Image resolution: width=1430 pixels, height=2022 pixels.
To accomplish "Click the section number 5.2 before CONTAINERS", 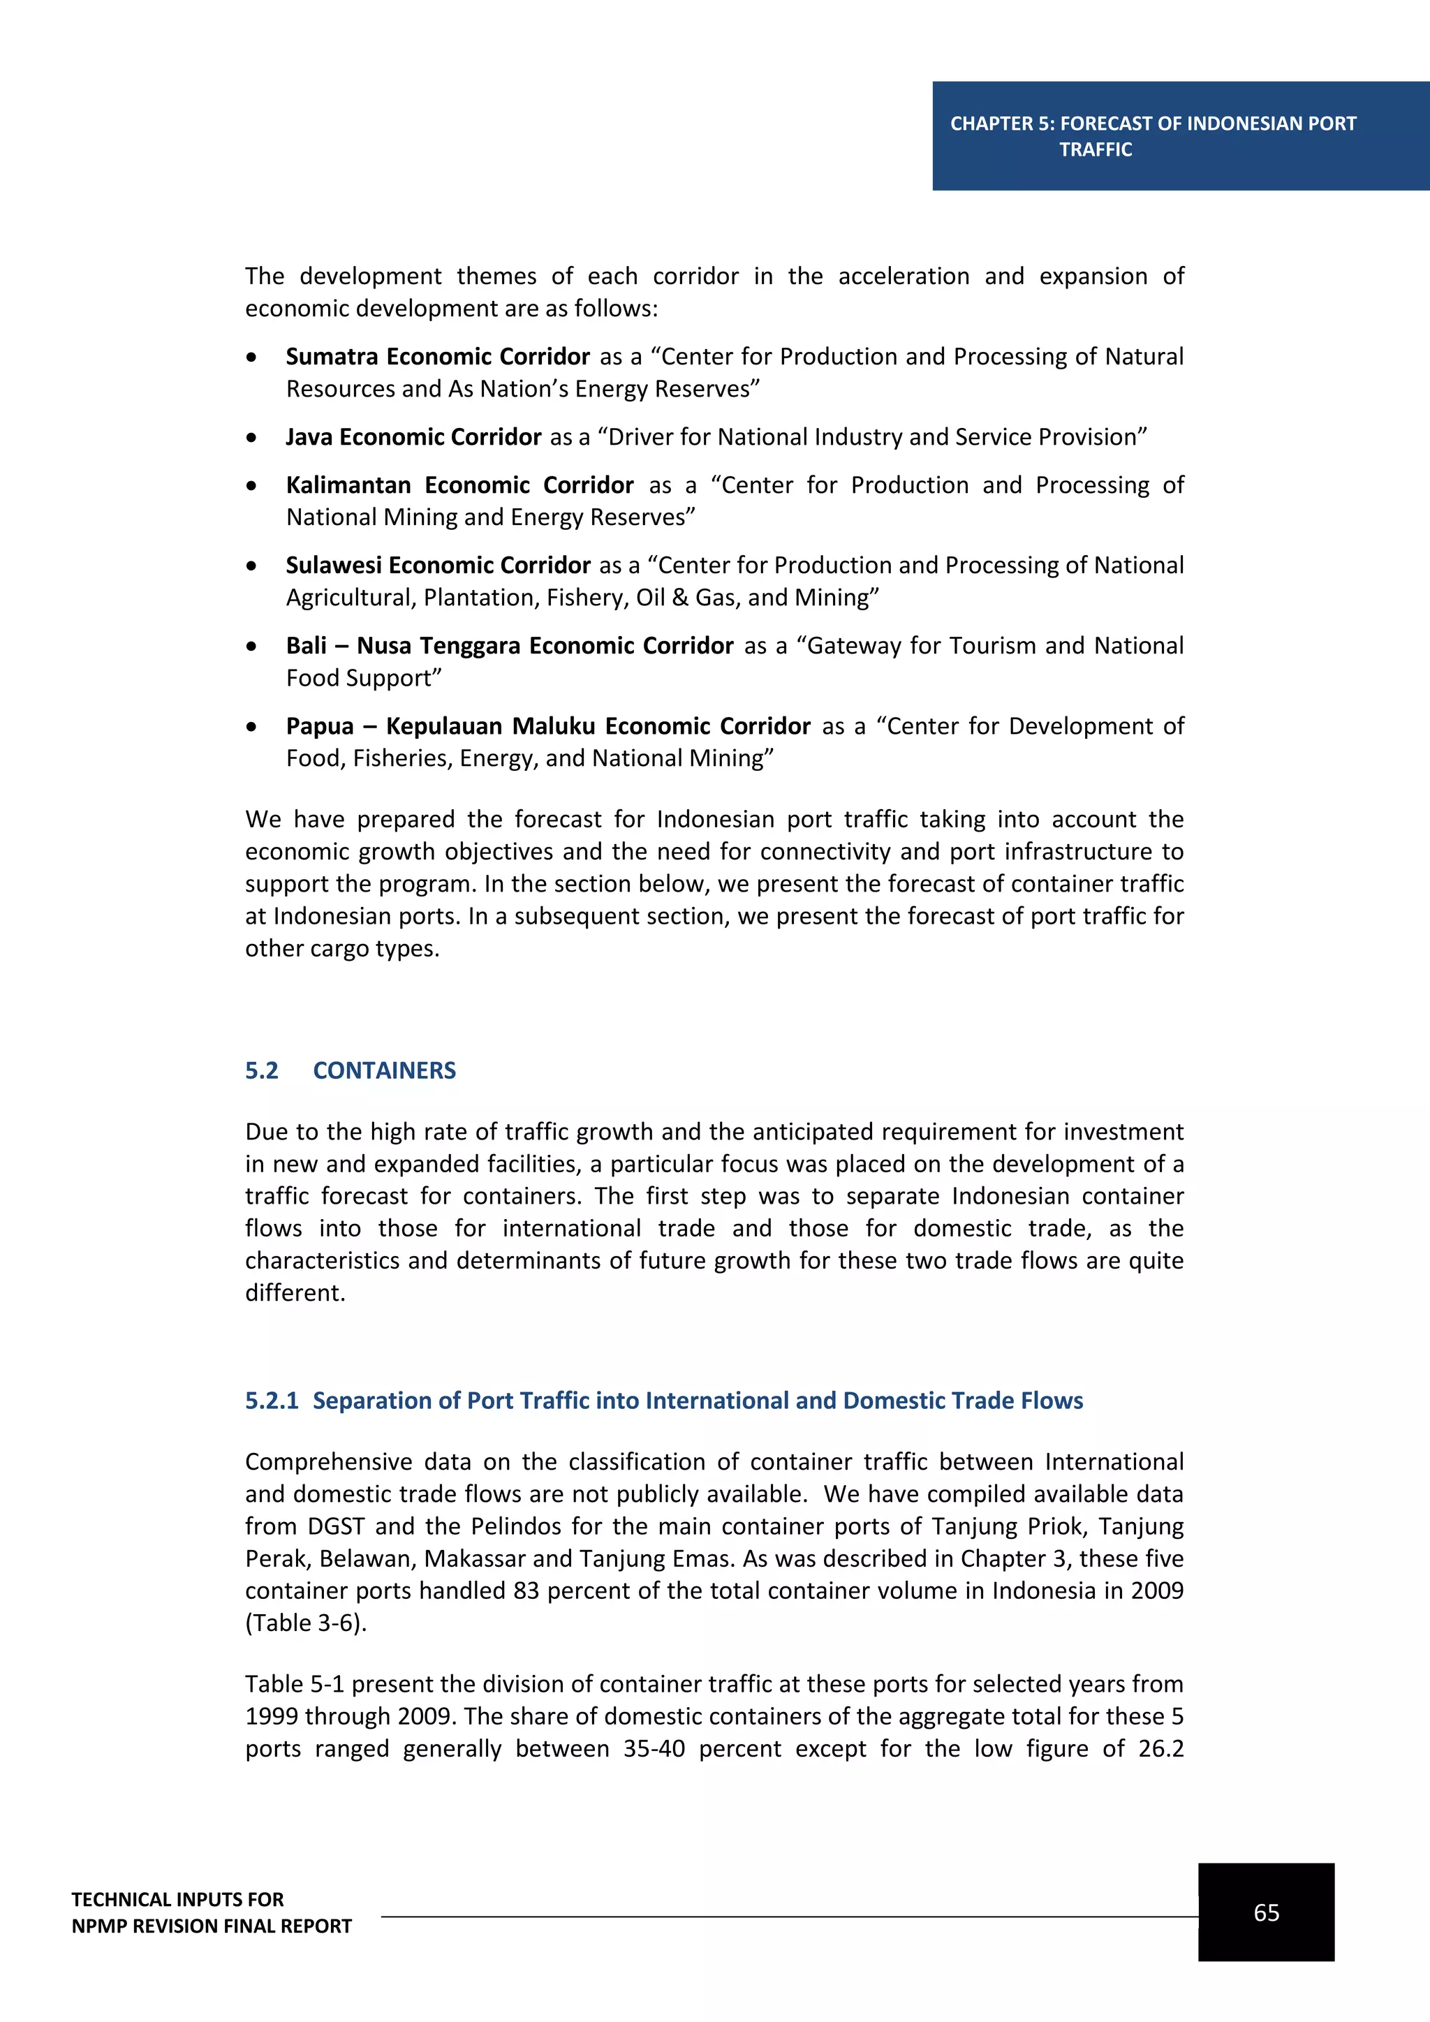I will pos(262,1070).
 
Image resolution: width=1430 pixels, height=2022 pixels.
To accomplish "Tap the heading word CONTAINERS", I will pos(384,1070).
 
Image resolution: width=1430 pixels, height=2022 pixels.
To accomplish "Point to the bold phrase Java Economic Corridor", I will pos(413,437).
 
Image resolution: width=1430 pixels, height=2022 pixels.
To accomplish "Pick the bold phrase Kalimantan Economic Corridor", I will pos(459,485).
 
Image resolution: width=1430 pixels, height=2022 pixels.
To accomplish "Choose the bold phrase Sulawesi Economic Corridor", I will pos(438,566).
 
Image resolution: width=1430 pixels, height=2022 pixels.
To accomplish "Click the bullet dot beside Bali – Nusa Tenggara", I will pos(252,647).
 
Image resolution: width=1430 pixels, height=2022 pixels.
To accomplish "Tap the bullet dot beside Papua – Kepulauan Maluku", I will pos(252,728).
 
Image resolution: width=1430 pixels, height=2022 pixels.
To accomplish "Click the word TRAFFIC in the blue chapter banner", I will pos(1096,149).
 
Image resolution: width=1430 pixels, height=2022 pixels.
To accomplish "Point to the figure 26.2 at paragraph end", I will pos(1160,1748).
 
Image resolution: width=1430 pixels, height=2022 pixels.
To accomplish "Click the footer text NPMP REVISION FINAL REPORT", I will pos(212,1926).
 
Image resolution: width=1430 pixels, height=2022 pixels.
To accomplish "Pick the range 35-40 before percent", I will pos(654,1748).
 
